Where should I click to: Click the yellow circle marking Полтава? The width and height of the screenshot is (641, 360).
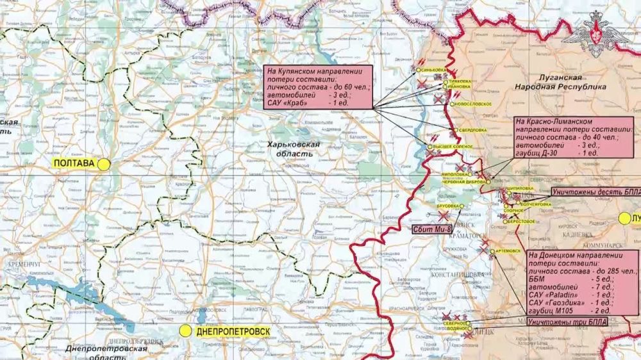tap(104, 164)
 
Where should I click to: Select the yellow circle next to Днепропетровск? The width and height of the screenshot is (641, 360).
tap(185, 331)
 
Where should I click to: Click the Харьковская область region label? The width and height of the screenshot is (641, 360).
tap(293, 149)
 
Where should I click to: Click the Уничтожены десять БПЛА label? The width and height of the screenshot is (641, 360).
tap(594, 192)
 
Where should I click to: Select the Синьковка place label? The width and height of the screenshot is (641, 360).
tap(432, 69)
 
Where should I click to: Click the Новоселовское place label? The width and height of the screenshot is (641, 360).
tap(474, 104)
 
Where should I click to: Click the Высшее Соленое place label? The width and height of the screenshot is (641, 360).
tap(454, 147)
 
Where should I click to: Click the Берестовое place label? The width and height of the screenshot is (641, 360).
tap(522, 220)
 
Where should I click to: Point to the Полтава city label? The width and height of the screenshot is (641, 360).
tap(74, 164)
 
